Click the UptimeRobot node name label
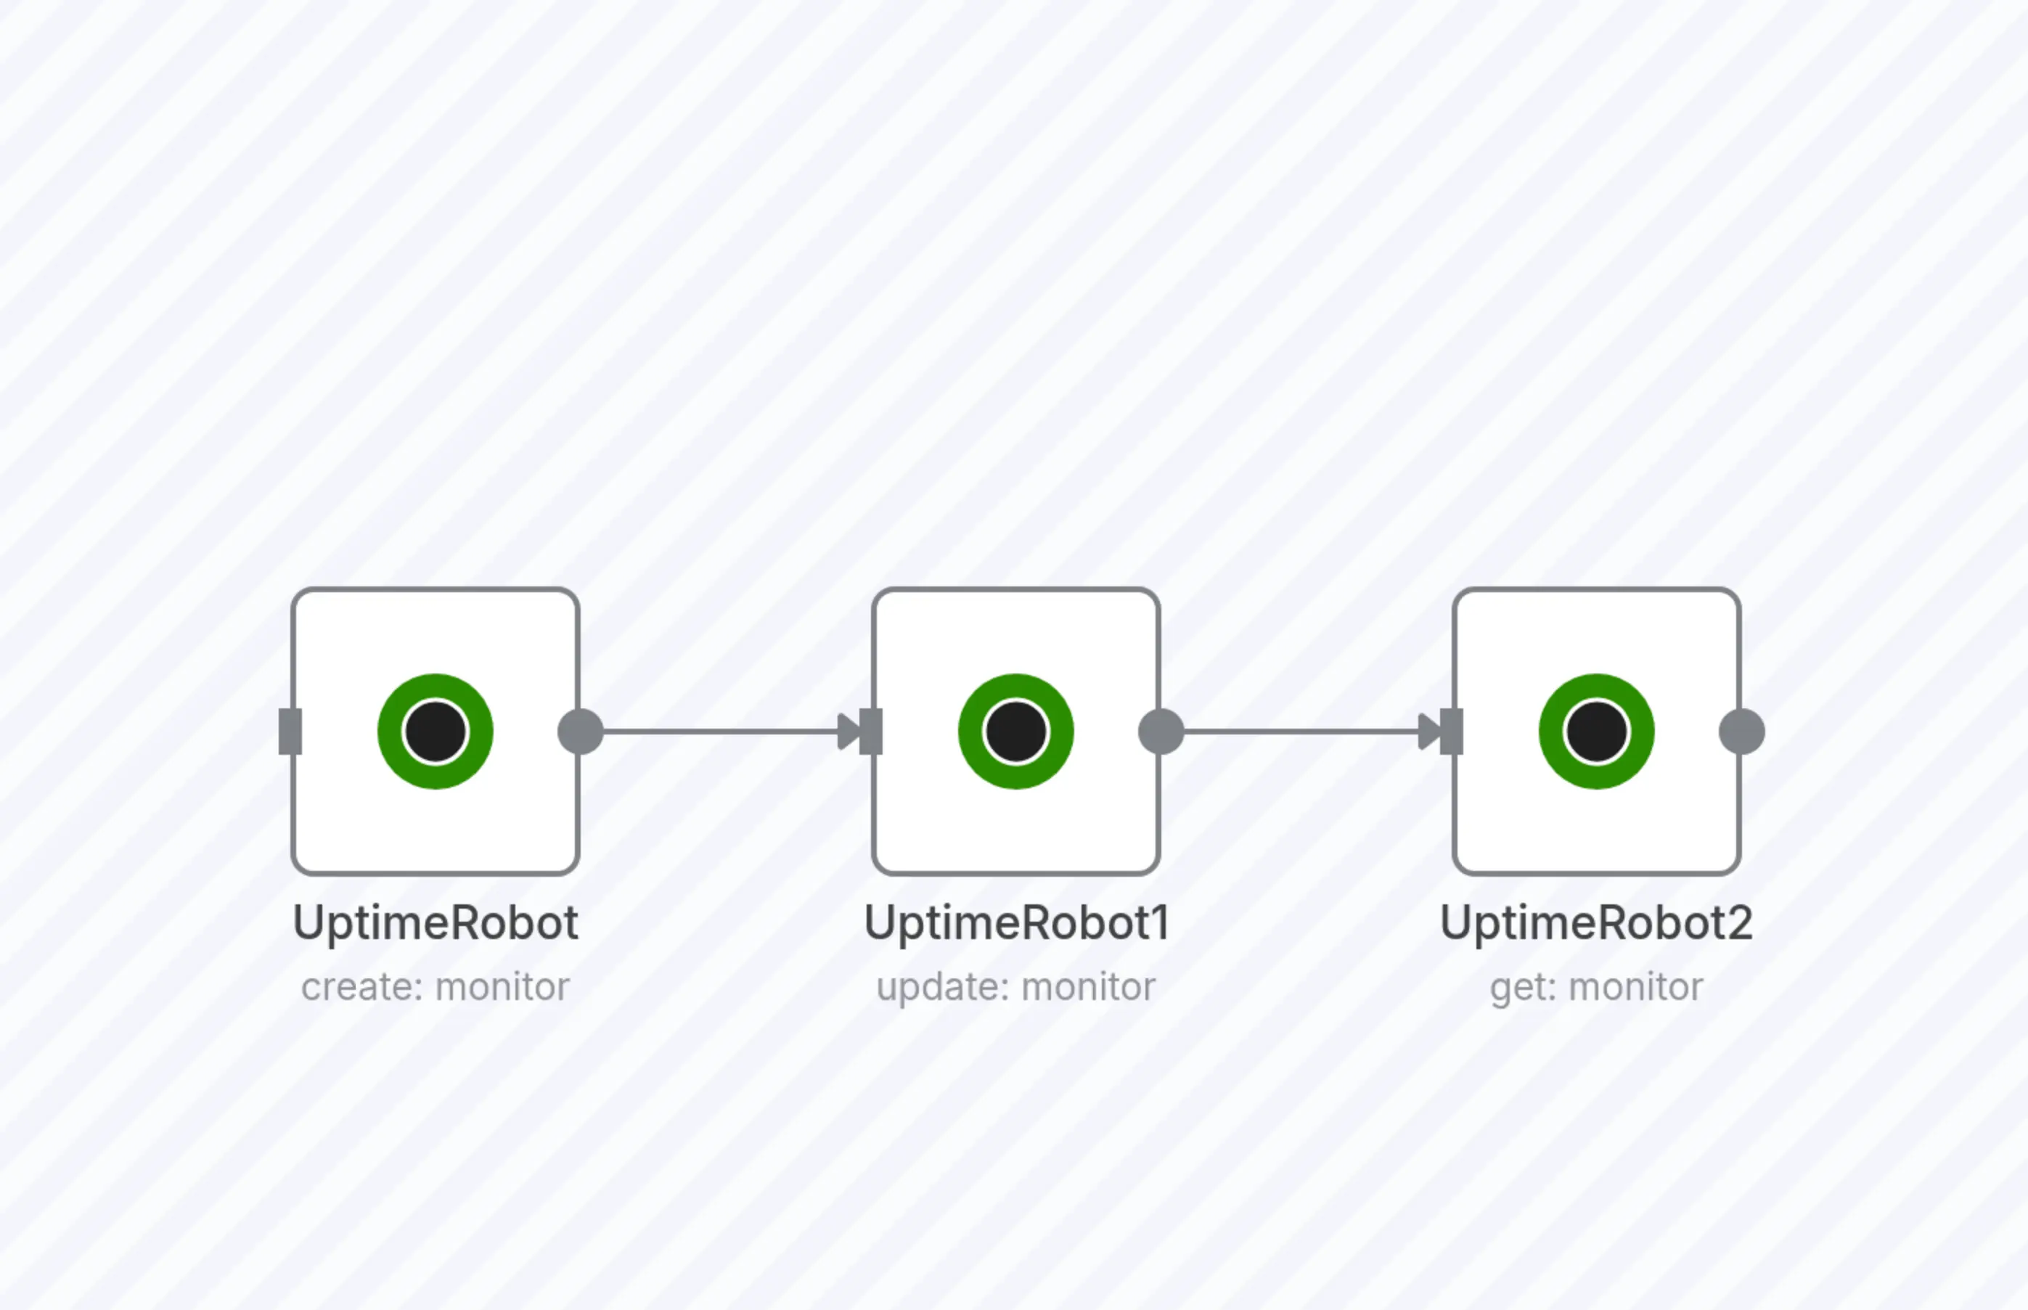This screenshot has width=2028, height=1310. pos(436,923)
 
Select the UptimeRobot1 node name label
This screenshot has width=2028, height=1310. pos(1017,923)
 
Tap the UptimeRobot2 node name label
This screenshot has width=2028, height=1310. pos(1597,923)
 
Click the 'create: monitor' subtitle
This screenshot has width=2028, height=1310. pos(436,988)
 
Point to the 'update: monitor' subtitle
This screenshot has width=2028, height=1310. pos(1017,988)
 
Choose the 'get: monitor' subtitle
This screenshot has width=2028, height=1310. pos(1597,988)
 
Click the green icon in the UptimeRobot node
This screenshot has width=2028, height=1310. pos(436,732)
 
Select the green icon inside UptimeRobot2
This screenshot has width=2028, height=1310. pos(1597,732)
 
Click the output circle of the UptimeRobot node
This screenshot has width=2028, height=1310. pos(580,732)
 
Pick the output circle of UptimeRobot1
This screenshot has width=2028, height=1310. pos(1161,732)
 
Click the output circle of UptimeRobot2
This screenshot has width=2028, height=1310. pos(1741,732)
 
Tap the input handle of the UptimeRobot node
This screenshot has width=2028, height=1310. pos(290,732)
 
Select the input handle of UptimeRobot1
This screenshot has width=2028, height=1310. pos(872,732)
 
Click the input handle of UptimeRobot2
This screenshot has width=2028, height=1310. pos(1453,732)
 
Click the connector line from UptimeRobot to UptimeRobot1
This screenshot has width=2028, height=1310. pos(719,732)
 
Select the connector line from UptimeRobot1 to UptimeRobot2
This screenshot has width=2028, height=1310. pos(1300,732)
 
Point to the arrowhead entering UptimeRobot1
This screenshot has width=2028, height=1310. pos(847,732)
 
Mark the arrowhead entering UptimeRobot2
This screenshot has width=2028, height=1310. pos(1428,732)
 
